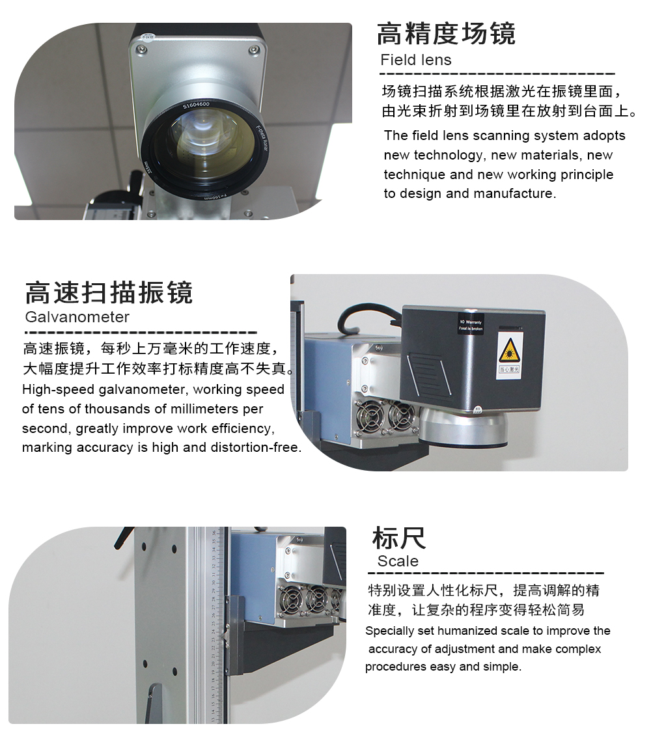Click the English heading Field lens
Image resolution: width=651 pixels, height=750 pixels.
(x=416, y=60)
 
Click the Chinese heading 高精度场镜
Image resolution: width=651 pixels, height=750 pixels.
(x=447, y=33)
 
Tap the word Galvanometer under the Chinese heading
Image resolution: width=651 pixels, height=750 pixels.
(x=77, y=316)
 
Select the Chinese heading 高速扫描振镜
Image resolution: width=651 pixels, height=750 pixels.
(x=109, y=292)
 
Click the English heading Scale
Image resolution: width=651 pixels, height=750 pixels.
(x=398, y=561)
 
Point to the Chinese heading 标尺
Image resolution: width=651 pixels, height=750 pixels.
(x=399, y=538)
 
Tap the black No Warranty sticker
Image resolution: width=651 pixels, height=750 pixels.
(x=470, y=324)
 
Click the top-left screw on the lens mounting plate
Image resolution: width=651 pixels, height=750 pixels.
(x=140, y=49)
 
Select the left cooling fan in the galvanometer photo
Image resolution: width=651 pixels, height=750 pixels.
(x=369, y=415)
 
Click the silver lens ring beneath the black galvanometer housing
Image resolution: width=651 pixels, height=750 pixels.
(x=463, y=429)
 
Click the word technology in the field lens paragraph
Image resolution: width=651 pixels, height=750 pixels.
(x=448, y=155)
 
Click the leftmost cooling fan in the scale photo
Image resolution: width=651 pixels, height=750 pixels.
(x=292, y=601)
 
